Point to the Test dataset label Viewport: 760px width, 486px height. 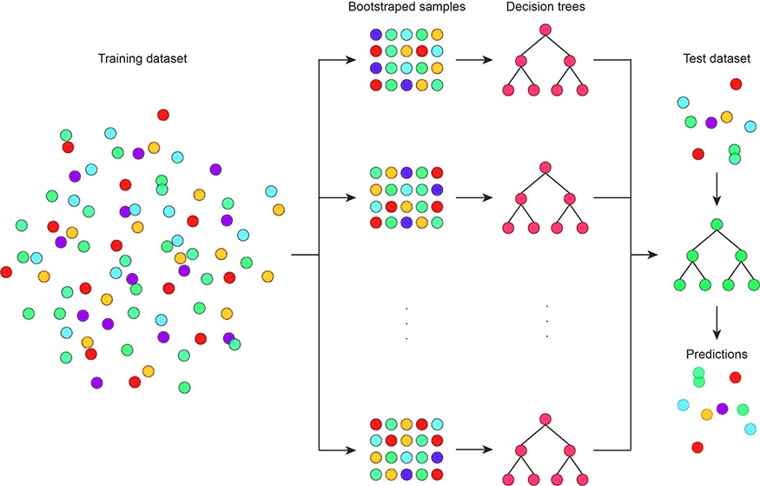[717, 60]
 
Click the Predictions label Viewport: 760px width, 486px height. [717, 355]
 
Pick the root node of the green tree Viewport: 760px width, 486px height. [717, 225]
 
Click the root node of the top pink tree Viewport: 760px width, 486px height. [545, 30]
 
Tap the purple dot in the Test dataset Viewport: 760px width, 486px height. [711, 123]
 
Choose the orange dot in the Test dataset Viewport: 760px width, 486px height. [727, 117]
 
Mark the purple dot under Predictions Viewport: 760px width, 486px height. [722, 408]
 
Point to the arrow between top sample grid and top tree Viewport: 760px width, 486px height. [473, 61]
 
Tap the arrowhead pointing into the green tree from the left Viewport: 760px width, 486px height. [651, 256]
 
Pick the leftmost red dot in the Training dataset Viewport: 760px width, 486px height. [6, 272]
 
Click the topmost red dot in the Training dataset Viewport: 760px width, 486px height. [163, 115]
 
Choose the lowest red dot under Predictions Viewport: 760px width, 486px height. [697, 447]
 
